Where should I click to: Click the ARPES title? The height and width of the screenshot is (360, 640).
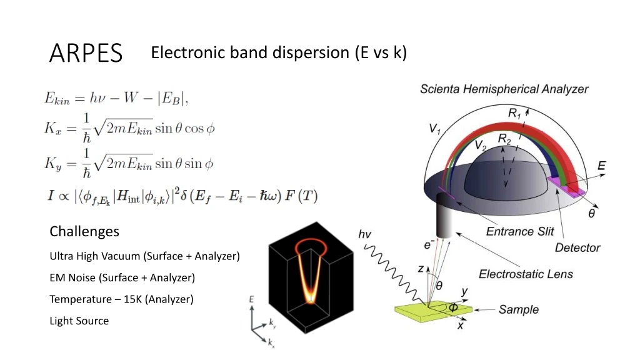[x=86, y=54]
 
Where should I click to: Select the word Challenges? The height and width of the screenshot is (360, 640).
[x=84, y=232]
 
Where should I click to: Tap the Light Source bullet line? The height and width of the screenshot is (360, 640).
[x=79, y=321]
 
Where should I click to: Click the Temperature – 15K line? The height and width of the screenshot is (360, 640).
[x=121, y=299]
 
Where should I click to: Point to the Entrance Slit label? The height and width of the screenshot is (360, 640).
[x=520, y=232]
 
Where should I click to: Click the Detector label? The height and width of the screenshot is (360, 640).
[x=577, y=248]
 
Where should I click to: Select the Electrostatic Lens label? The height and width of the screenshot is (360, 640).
[x=526, y=274]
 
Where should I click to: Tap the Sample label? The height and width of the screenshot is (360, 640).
[x=518, y=310]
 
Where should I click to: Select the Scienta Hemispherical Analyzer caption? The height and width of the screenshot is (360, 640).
[x=504, y=89]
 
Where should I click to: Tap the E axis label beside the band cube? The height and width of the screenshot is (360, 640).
[x=251, y=301]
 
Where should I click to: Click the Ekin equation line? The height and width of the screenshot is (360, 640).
[x=116, y=98]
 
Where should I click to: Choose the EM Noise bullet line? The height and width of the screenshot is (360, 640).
[x=122, y=277]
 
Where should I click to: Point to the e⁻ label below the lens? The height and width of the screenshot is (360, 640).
[x=429, y=246]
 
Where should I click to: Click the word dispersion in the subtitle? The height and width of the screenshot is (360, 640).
[x=301, y=52]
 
